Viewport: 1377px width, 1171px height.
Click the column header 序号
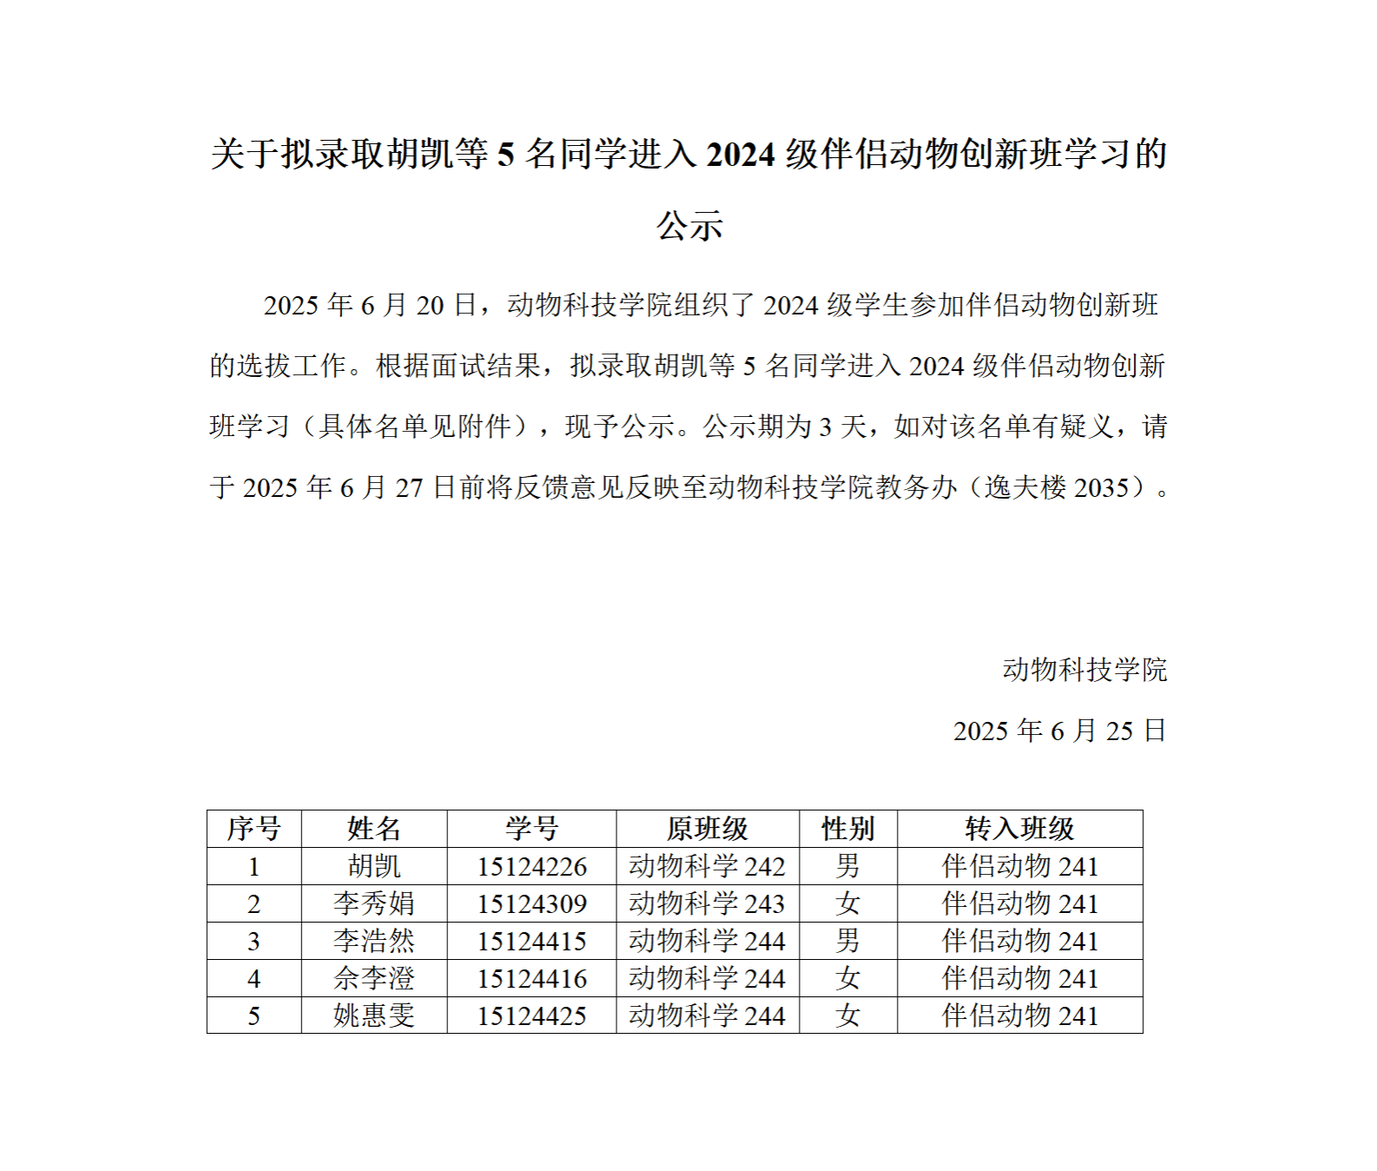[254, 829]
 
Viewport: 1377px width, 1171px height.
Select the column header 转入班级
[1019, 829]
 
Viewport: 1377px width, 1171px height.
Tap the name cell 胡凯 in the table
[374, 866]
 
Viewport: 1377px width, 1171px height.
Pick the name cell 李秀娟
[374, 903]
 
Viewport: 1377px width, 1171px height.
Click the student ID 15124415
[531, 941]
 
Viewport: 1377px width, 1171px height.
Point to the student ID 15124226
[531, 866]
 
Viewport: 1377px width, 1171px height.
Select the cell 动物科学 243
[707, 903]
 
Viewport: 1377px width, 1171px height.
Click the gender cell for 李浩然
[847, 941]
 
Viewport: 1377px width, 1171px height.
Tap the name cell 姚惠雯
[374, 1016]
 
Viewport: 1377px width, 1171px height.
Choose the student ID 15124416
[531, 978]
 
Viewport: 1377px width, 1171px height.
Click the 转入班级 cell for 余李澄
[1019, 978]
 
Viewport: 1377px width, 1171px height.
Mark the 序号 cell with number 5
[254, 1016]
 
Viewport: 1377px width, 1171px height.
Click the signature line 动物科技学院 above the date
[1084, 670]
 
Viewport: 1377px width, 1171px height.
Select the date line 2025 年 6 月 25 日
[1059, 731]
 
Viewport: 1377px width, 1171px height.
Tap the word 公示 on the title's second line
[689, 226]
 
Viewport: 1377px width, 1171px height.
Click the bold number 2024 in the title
[740, 155]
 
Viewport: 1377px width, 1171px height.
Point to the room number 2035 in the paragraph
[1101, 487]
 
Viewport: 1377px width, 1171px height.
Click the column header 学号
[531, 829]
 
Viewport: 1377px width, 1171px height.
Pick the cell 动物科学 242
[707, 866]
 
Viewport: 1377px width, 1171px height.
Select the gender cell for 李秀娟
[847, 903]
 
